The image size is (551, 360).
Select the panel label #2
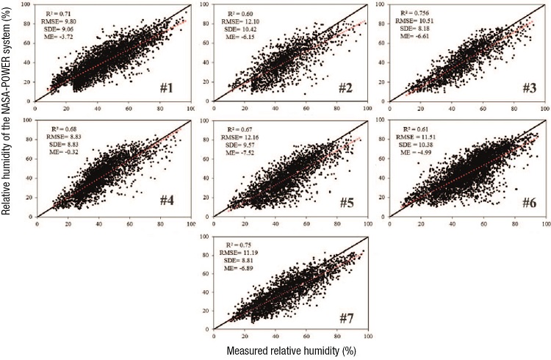(345, 90)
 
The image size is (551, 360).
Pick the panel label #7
(345, 317)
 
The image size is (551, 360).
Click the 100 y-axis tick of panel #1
(27, 4)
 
